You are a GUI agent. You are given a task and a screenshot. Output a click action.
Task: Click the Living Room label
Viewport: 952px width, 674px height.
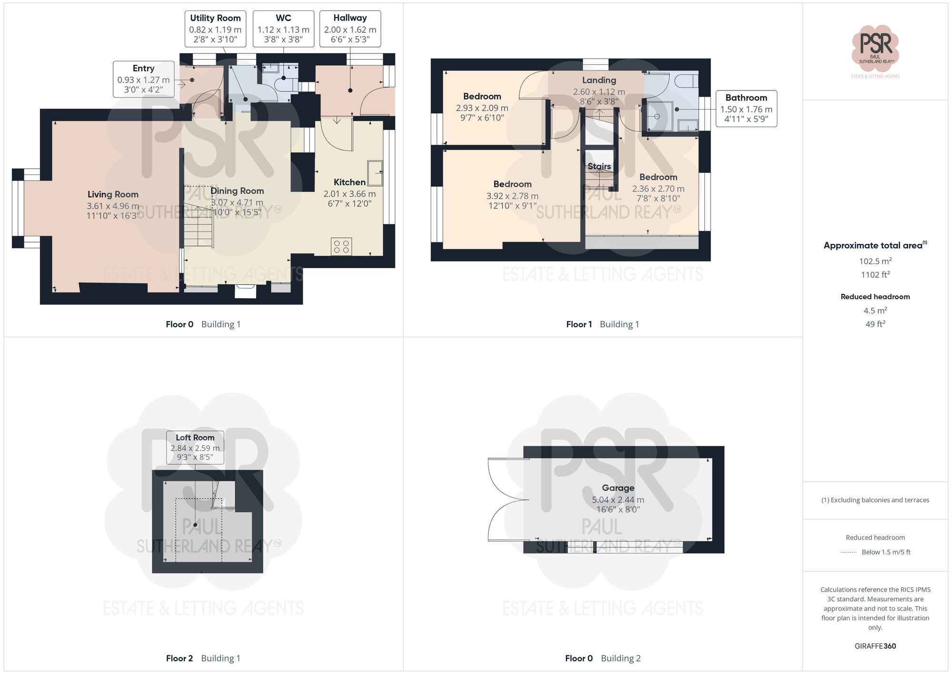(x=113, y=194)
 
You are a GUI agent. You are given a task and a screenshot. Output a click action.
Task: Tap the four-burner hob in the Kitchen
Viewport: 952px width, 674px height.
(x=341, y=246)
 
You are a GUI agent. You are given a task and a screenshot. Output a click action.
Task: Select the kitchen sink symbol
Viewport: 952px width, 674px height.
(x=375, y=173)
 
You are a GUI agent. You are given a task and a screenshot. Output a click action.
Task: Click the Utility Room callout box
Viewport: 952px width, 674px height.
(x=215, y=29)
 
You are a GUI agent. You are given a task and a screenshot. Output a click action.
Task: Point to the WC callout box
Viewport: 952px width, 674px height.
(x=283, y=29)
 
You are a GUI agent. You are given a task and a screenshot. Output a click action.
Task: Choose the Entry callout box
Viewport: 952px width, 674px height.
(x=143, y=79)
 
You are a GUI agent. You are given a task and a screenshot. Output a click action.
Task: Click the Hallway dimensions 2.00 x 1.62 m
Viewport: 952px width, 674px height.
(x=350, y=30)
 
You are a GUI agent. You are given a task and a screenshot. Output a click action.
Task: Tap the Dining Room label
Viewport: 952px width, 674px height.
(x=237, y=191)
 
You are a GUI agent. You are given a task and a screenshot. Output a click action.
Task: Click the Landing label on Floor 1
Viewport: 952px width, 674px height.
(x=599, y=80)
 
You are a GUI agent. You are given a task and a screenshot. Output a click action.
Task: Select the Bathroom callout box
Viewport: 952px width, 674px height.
(x=746, y=109)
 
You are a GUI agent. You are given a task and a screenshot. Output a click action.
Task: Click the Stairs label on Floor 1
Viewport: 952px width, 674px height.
(x=599, y=166)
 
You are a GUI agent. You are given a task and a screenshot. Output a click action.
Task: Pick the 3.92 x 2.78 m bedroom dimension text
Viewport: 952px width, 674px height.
(x=512, y=196)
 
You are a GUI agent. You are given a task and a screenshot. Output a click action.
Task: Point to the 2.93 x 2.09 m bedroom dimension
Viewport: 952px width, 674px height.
(x=482, y=108)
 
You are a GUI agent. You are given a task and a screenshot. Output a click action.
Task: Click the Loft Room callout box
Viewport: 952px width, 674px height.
(x=195, y=447)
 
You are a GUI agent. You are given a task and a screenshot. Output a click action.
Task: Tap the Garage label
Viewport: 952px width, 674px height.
(x=618, y=488)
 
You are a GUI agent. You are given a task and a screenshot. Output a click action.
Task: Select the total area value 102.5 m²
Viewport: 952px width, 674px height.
(x=875, y=261)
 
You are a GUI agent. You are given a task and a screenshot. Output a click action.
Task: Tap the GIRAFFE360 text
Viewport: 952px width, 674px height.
(x=875, y=646)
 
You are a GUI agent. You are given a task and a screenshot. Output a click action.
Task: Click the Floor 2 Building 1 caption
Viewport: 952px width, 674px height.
(x=203, y=658)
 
